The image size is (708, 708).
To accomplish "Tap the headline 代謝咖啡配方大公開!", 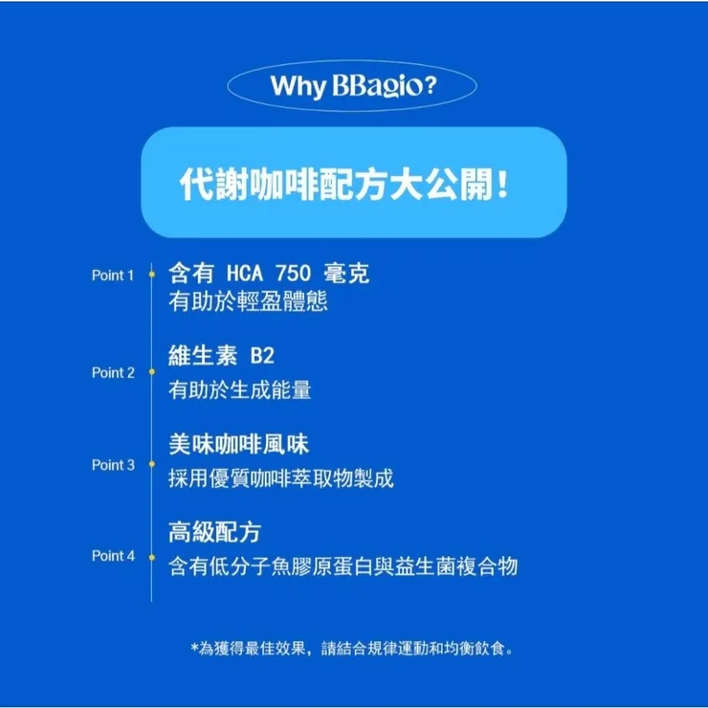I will tap(344, 183).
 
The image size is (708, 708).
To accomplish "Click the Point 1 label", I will tap(113, 276).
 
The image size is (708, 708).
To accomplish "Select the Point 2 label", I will tap(113, 372).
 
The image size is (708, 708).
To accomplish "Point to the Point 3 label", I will tap(113, 465).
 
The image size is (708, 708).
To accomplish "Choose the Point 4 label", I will tap(113, 556).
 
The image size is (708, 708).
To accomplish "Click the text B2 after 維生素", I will tap(261, 356).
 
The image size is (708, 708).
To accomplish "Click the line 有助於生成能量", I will tap(239, 390).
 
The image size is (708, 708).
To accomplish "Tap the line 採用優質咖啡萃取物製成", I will tap(280, 478).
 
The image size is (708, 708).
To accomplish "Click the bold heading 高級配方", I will tap(214, 532).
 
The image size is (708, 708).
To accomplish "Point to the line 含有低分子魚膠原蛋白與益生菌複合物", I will tap(343, 566).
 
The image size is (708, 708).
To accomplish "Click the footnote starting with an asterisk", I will tap(353, 649).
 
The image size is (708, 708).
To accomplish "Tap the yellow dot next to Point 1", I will tap(151, 276).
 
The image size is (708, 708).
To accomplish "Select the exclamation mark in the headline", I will tap(503, 184).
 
